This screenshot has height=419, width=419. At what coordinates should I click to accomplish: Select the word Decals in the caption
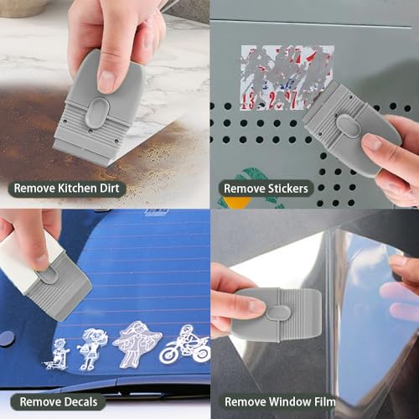tap(80, 401)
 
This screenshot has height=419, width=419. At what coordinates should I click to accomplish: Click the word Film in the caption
tap(321, 402)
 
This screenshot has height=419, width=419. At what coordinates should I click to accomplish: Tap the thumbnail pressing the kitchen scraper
tap(106, 80)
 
